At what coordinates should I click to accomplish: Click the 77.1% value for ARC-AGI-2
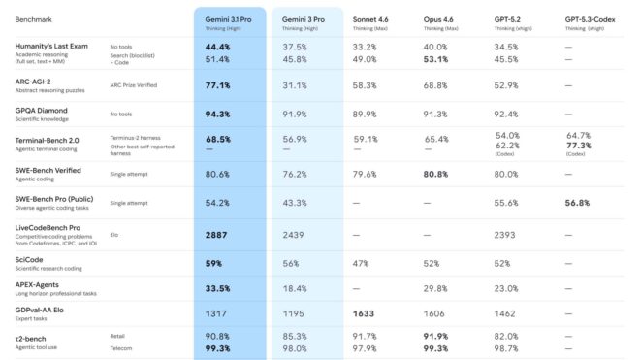click(218, 85)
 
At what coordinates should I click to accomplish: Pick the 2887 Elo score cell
click(217, 234)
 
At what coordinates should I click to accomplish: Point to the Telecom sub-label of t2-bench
click(123, 348)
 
